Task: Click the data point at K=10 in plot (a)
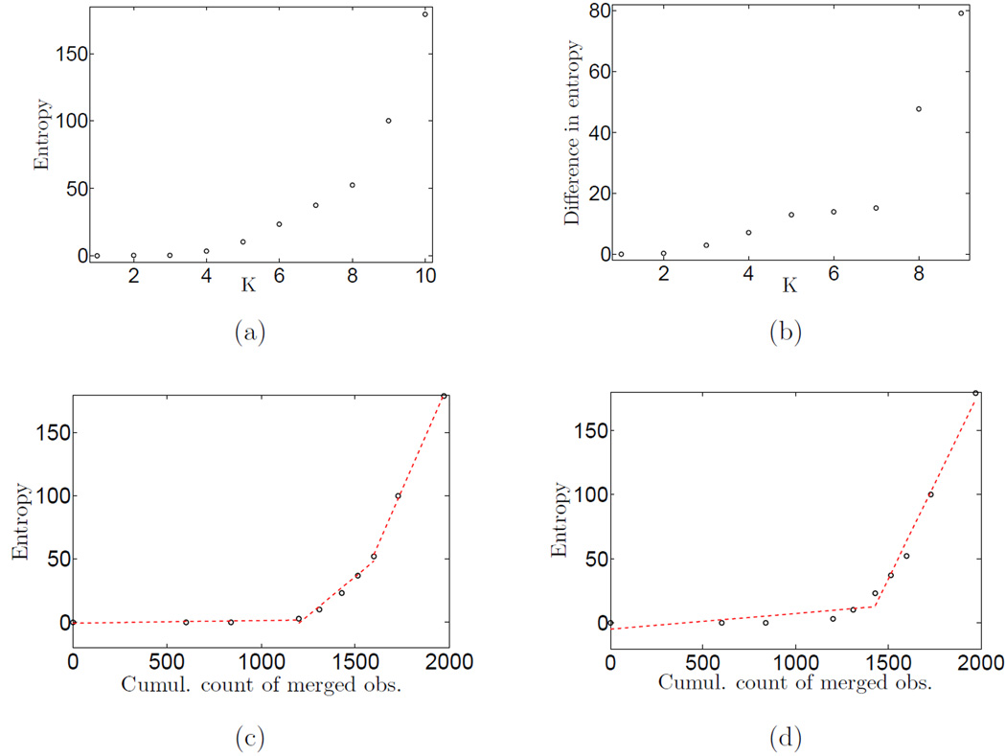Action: pyautogui.click(x=424, y=14)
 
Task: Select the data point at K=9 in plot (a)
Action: pyautogui.click(x=388, y=121)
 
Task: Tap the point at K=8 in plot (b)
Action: pyautogui.click(x=919, y=109)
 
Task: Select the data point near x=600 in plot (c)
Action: pyautogui.click(x=186, y=622)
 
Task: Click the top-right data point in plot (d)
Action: pyautogui.click(x=975, y=393)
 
